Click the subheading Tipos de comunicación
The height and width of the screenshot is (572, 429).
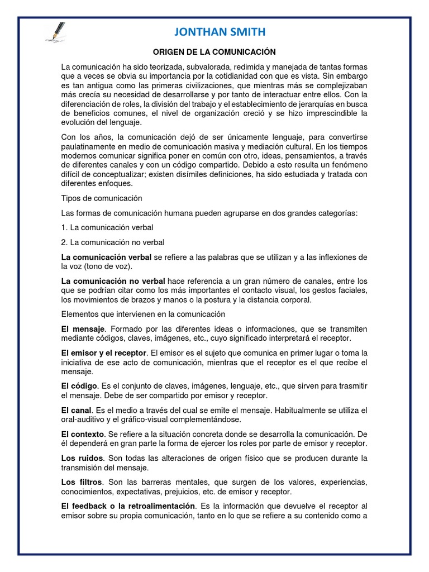pyautogui.click(x=102, y=198)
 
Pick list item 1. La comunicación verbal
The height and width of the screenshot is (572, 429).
pyautogui.click(x=107, y=227)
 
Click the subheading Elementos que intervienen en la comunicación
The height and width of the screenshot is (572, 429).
pyautogui.click(x=143, y=314)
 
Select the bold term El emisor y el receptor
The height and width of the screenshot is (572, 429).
pyautogui.click(x=104, y=353)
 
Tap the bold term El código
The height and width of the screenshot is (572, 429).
pyautogui.click(x=80, y=386)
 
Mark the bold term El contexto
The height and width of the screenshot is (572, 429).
pyautogui.click(x=83, y=434)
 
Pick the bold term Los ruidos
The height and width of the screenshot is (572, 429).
pyautogui.click(x=80, y=458)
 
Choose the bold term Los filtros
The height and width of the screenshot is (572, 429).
pyautogui.click(x=82, y=482)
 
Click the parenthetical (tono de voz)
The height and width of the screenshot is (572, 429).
pyautogui.click(x=103, y=266)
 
